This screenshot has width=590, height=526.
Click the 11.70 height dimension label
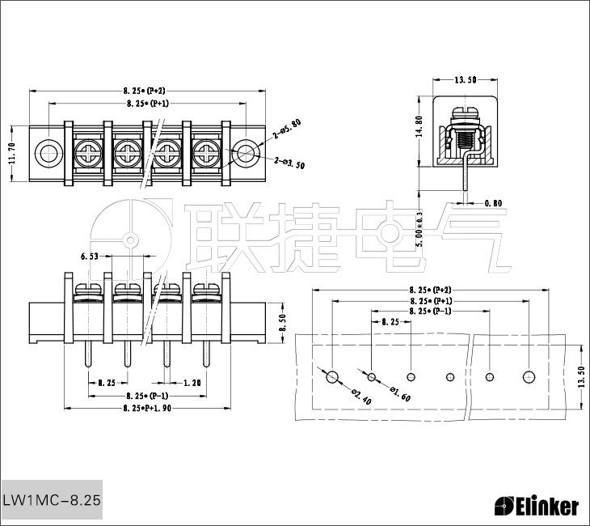pyautogui.click(x=11, y=151)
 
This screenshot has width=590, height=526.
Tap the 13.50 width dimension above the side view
pyautogui.click(x=465, y=79)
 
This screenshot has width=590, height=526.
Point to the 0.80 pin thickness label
pyautogui.click(x=493, y=202)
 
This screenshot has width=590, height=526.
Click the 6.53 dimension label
pyautogui.click(x=91, y=256)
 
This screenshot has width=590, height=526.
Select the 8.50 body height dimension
pyautogui.click(x=282, y=324)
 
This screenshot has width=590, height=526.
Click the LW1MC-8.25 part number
pyautogui.click(x=52, y=501)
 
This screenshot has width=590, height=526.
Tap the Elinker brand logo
pyautogui.click(x=537, y=507)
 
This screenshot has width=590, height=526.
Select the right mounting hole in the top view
pyautogui.click(x=245, y=151)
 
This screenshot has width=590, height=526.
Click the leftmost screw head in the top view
pyautogui.click(x=87, y=151)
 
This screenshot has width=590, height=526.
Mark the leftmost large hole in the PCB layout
pyautogui.click(x=332, y=377)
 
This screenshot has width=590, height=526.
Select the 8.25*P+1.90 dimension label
pyautogui.click(x=147, y=409)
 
